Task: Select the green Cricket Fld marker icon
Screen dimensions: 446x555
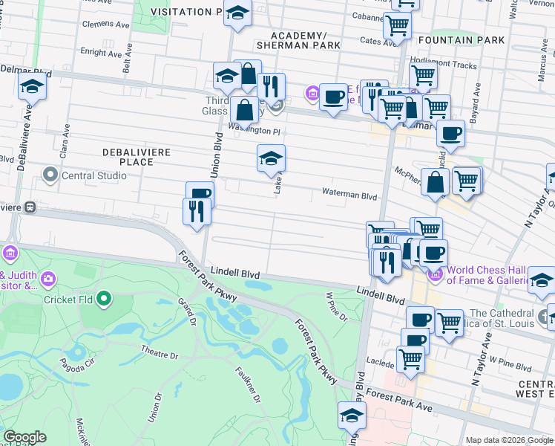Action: [104, 300]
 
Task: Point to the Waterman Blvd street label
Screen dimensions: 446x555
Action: [349, 193]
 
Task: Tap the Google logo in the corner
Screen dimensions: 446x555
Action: [24, 437]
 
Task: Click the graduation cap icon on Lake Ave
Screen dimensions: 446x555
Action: [271, 158]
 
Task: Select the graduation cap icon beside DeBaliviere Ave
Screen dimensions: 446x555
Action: [32, 87]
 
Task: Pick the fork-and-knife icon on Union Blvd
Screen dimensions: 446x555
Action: [197, 212]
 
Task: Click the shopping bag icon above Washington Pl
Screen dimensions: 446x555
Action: [244, 111]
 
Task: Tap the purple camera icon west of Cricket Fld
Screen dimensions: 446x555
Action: [48, 279]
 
